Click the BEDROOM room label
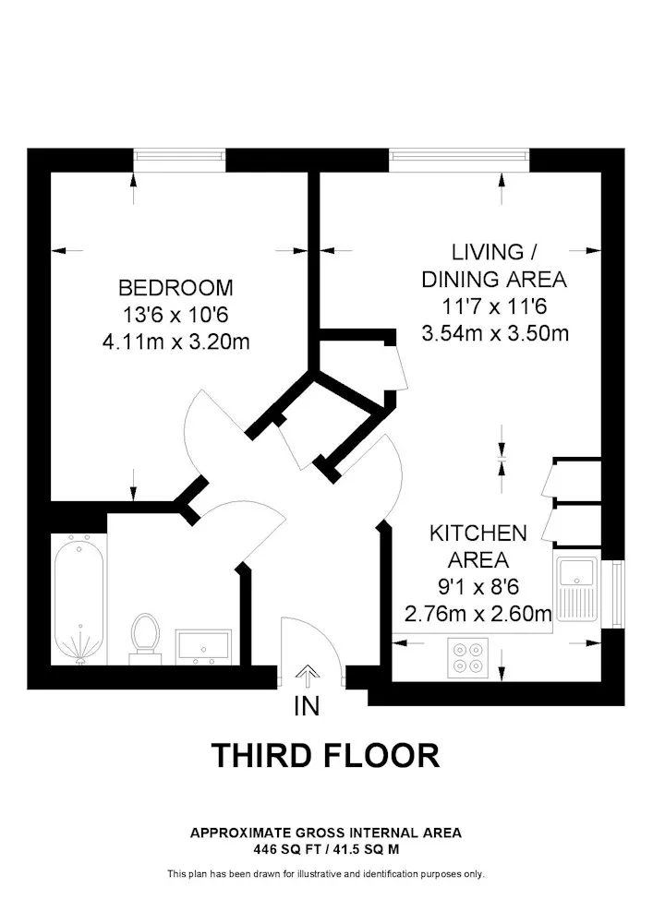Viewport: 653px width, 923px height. click(x=175, y=287)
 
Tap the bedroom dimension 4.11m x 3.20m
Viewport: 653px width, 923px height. click(x=176, y=342)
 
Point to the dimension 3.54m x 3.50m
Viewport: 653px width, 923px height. click(x=495, y=333)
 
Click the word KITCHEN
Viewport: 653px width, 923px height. click(x=478, y=533)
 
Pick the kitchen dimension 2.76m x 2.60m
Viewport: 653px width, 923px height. click(x=478, y=614)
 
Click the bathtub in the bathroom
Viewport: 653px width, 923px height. click(x=79, y=599)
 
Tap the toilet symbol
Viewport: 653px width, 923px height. click(x=145, y=637)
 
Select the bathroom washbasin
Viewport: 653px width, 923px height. click(x=203, y=646)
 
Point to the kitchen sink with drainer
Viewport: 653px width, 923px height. click(x=577, y=589)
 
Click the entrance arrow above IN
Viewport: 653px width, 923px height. click(x=307, y=677)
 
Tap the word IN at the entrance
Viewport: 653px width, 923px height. click(x=307, y=706)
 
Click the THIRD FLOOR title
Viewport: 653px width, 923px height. click(x=326, y=756)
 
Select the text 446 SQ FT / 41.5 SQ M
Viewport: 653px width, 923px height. click(x=326, y=849)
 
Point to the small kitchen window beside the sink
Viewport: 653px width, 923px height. click(x=616, y=593)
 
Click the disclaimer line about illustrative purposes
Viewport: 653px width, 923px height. click(x=326, y=874)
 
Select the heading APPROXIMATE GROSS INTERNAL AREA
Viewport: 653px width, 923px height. click(x=326, y=833)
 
